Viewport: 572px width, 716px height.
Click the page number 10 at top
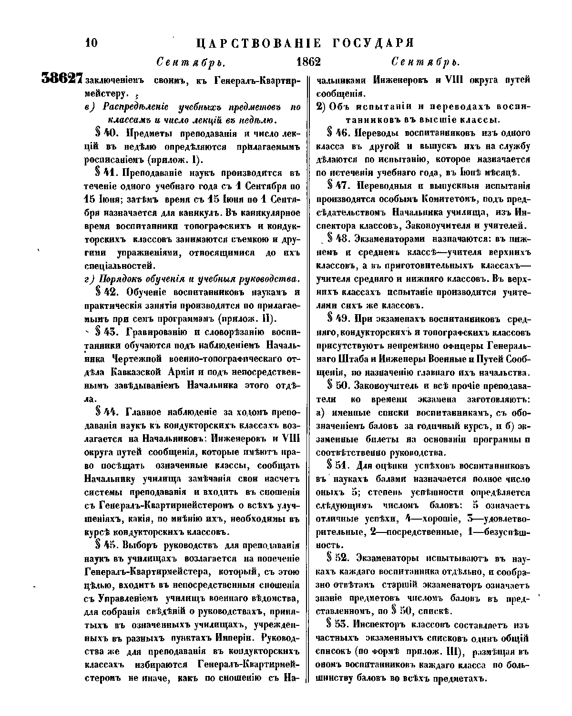[91, 43]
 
